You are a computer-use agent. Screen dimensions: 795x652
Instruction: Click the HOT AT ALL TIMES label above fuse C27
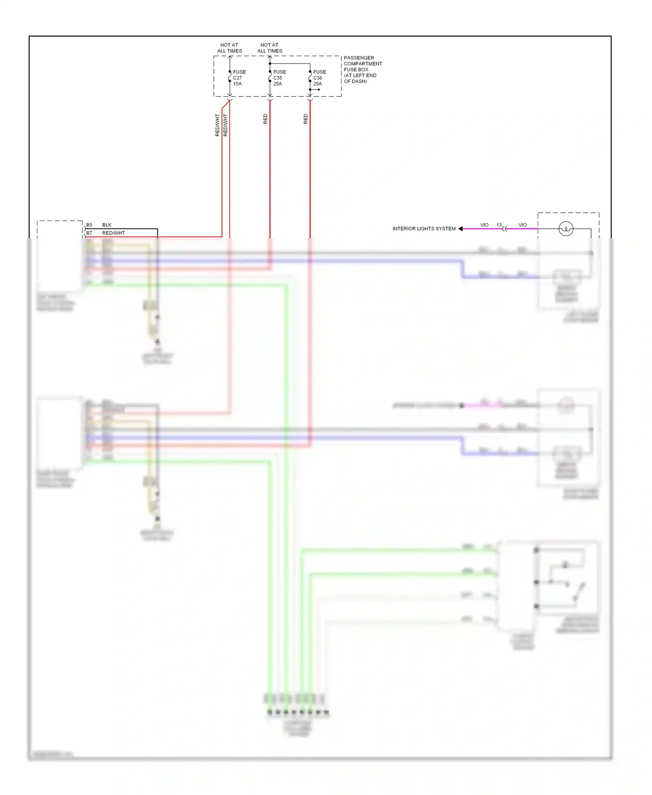(x=229, y=48)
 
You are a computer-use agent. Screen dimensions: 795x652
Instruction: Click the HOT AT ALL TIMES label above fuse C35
(x=269, y=48)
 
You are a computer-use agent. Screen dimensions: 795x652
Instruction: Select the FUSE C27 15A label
(x=239, y=78)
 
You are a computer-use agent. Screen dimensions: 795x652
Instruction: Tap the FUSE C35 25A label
(x=279, y=78)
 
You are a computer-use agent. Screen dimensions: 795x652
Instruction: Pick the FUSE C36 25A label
(x=319, y=78)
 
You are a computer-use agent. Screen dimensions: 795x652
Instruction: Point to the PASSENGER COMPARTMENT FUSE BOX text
(x=363, y=69)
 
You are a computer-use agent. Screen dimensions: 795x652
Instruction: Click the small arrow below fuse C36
(x=317, y=90)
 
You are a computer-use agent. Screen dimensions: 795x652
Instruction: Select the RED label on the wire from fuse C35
(x=266, y=119)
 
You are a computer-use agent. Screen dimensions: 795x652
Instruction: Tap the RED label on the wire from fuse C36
(x=306, y=119)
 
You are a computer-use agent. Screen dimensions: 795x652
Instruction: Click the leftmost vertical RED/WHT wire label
(x=217, y=125)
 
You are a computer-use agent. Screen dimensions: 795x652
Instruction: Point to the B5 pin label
(x=89, y=225)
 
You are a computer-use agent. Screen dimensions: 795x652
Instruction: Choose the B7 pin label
(x=89, y=233)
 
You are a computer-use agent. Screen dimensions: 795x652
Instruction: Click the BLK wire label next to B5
(x=107, y=225)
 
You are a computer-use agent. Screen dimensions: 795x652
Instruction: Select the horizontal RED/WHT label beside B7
(x=113, y=233)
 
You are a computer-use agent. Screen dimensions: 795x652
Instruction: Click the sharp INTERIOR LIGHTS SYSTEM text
(x=424, y=229)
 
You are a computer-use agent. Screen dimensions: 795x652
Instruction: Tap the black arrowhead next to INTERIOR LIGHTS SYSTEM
(x=460, y=229)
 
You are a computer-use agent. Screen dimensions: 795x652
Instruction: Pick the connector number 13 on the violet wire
(x=499, y=225)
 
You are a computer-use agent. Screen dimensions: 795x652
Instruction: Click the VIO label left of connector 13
(x=484, y=225)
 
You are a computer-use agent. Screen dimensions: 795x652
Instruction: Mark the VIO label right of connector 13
(x=522, y=225)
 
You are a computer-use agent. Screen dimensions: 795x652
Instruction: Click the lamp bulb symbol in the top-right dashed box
(x=566, y=229)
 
